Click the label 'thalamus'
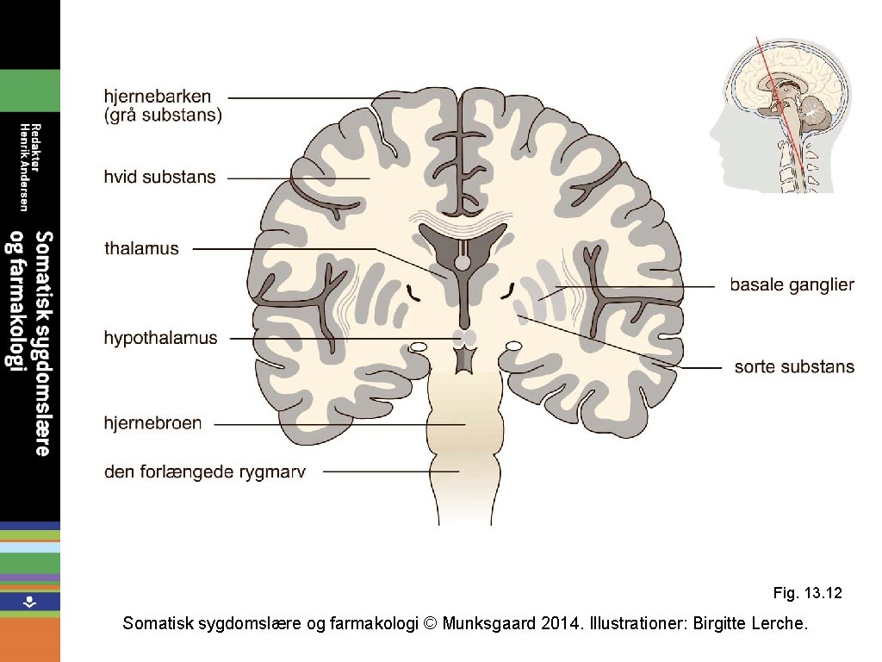point(141,249)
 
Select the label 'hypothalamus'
point(160,338)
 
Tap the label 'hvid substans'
point(159,178)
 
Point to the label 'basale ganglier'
point(792,284)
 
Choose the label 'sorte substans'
point(794,367)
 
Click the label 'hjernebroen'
point(152,423)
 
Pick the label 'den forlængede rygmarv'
point(205,472)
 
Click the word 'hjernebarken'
point(158,97)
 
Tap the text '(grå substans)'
point(163,115)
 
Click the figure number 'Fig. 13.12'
point(807,593)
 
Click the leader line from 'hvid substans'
point(297,178)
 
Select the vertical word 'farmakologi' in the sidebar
point(15,301)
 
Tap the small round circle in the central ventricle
point(463,260)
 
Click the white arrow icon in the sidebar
point(29,602)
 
